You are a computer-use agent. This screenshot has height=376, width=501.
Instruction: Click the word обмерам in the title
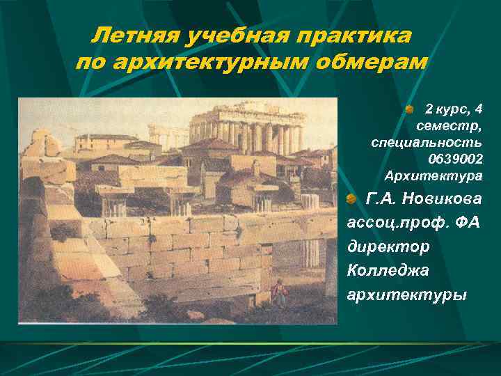coord(371,63)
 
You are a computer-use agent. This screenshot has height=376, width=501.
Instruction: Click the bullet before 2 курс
coord(411,109)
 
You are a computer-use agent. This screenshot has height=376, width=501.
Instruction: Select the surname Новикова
coord(443,200)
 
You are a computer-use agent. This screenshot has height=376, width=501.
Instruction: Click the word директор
coord(388,247)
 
